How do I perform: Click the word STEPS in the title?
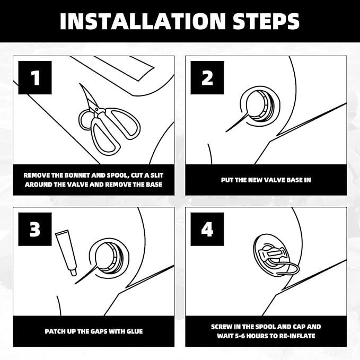click(266, 21)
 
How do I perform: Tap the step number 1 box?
click(35, 77)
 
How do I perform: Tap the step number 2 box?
click(207, 77)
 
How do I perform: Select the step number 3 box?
click(35, 229)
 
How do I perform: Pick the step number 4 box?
click(207, 229)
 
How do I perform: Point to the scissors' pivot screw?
click(96, 109)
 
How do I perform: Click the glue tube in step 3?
click(66, 252)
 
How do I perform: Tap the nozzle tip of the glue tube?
click(74, 274)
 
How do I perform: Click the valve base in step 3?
click(109, 257)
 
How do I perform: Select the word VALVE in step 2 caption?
click(271, 180)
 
